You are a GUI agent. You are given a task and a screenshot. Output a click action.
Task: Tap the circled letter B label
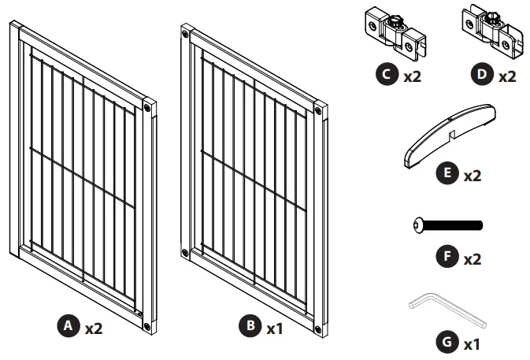[x=250, y=326]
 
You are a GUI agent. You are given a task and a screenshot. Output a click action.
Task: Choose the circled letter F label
[x=447, y=258]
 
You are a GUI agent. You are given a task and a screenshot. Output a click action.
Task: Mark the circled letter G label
[x=447, y=343]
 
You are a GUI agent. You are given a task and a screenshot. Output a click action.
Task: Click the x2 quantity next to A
[x=94, y=327]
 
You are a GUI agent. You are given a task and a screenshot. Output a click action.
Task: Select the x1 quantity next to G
[x=472, y=344]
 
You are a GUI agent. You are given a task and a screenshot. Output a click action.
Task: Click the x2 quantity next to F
[x=472, y=258]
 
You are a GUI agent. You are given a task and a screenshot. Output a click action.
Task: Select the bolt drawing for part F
[x=447, y=225]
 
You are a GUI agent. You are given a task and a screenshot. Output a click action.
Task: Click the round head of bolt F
[x=417, y=225]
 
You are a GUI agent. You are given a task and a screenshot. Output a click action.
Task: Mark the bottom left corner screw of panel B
[x=185, y=253]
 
